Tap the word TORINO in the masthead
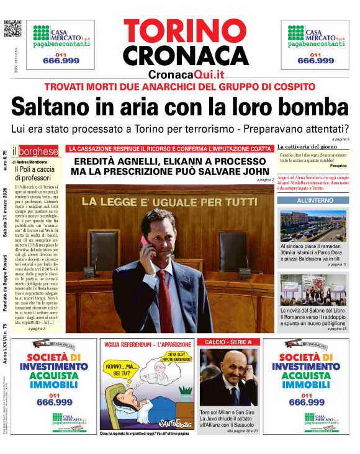coord(186,31)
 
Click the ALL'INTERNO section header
coord(315,201)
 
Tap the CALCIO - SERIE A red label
coord(225,342)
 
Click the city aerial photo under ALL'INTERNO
coord(313,225)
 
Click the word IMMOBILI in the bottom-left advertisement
coord(53,385)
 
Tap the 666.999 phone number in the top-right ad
coord(315,61)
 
